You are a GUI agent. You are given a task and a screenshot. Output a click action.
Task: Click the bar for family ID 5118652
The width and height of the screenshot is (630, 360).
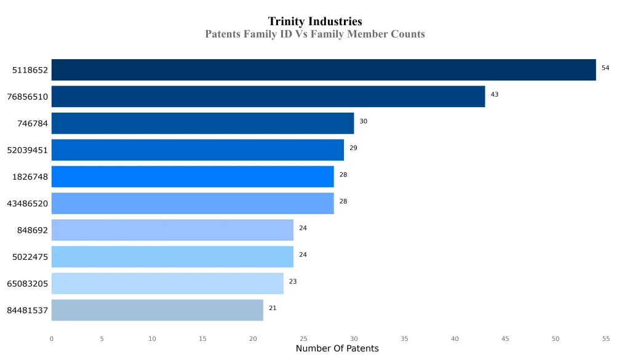323,70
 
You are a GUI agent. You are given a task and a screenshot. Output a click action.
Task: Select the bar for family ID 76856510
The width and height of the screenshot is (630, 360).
268,97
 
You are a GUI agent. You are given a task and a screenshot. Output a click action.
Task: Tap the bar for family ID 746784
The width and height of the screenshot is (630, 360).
202,123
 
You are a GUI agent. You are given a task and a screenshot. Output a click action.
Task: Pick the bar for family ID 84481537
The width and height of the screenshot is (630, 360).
157,310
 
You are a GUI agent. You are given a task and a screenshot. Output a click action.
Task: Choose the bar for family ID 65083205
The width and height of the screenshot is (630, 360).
167,283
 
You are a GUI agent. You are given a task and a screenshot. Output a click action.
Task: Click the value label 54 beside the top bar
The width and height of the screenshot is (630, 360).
605,68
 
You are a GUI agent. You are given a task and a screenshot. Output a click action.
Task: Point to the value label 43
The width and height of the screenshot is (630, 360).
495,95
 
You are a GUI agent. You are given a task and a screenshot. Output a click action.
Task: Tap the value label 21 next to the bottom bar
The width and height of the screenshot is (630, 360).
273,308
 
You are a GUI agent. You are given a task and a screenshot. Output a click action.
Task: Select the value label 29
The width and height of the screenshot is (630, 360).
353,148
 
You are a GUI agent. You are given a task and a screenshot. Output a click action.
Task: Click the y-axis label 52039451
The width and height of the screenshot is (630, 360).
27,150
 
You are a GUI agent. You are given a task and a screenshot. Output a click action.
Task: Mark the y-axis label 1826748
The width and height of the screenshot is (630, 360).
30,177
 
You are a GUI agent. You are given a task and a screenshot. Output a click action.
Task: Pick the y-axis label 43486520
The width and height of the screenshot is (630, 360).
27,204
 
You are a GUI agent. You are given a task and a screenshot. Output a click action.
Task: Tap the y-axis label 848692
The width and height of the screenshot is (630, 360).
33,230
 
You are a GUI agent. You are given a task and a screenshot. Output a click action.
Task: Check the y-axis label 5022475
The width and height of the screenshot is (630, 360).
30,257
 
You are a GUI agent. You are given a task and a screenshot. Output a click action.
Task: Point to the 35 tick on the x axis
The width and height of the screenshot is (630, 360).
404,338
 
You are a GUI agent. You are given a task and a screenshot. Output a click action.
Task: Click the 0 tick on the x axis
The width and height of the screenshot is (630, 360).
51,338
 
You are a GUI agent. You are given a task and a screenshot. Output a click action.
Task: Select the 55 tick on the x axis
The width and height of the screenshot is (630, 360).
606,338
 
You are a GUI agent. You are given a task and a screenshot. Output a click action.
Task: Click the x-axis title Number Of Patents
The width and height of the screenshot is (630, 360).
337,349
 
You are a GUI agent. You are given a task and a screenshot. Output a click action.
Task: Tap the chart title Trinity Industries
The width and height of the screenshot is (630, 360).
315,22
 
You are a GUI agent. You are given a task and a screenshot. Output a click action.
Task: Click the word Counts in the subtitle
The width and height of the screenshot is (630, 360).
408,34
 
